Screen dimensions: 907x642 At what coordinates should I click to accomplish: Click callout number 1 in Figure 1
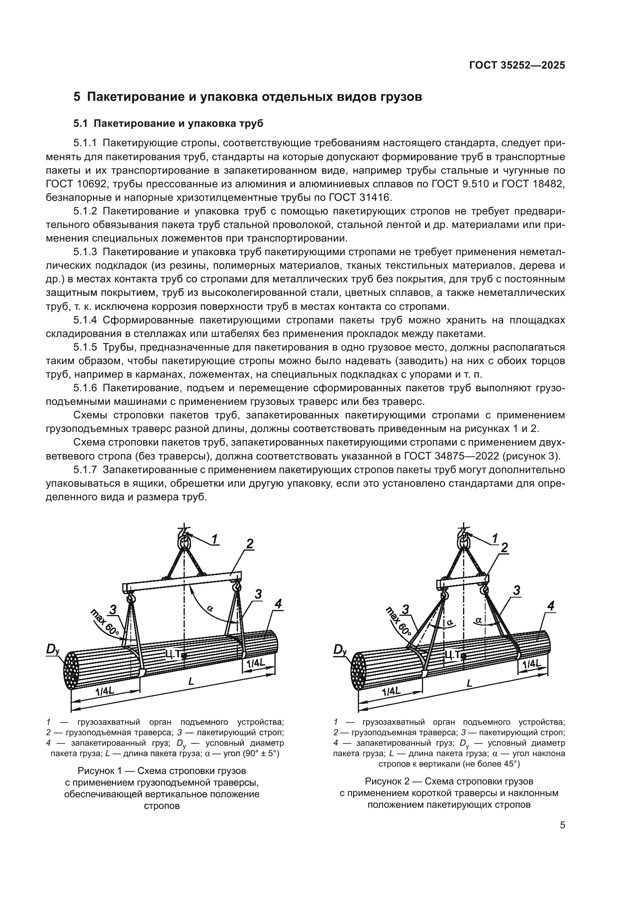point(214,539)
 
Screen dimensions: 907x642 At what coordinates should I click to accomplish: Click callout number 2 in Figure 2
point(505,548)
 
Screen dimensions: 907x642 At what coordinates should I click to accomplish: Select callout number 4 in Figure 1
point(278,604)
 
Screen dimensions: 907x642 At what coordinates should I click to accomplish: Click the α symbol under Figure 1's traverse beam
point(210,609)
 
